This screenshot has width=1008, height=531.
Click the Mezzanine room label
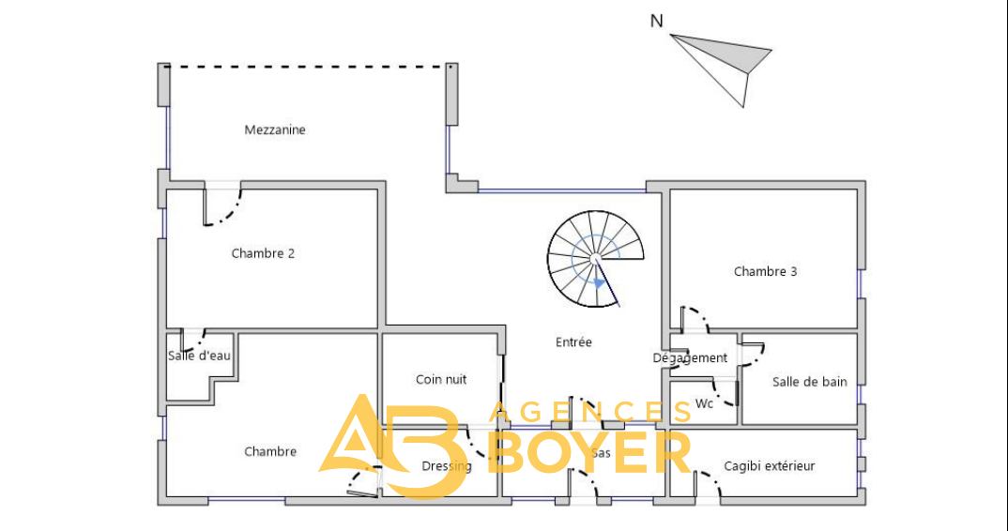click(x=274, y=129)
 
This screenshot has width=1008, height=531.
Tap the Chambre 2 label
click(x=263, y=253)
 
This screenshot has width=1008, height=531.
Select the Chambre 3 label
click(x=765, y=271)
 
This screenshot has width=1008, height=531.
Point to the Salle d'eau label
click(x=199, y=356)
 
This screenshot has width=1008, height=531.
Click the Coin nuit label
click(x=441, y=379)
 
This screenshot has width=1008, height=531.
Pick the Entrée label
click(x=573, y=342)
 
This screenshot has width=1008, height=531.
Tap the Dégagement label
click(x=690, y=358)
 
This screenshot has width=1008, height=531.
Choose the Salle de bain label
click(x=809, y=382)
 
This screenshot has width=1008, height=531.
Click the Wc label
click(x=704, y=403)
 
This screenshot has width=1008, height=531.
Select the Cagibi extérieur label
click(x=769, y=466)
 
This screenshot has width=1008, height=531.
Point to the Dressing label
click(x=446, y=466)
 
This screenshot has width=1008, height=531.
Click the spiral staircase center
click(x=595, y=258)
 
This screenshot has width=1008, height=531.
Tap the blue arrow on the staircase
click(x=600, y=282)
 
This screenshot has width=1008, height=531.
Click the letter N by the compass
click(x=656, y=22)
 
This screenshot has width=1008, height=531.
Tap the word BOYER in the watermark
click(x=589, y=452)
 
